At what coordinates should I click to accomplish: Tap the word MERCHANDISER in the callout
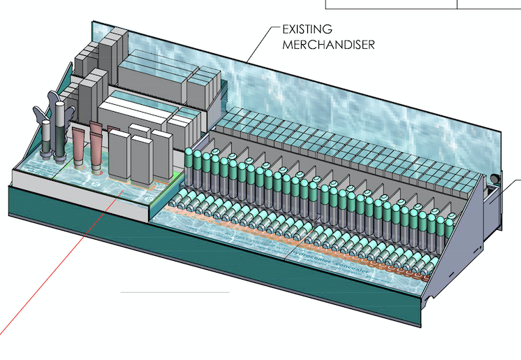click(328, 45)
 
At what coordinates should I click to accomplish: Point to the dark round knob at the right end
click(496, 180)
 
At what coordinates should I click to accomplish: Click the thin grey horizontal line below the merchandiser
click(175, 291)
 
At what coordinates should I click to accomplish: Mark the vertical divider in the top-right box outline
click(457, 4)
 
